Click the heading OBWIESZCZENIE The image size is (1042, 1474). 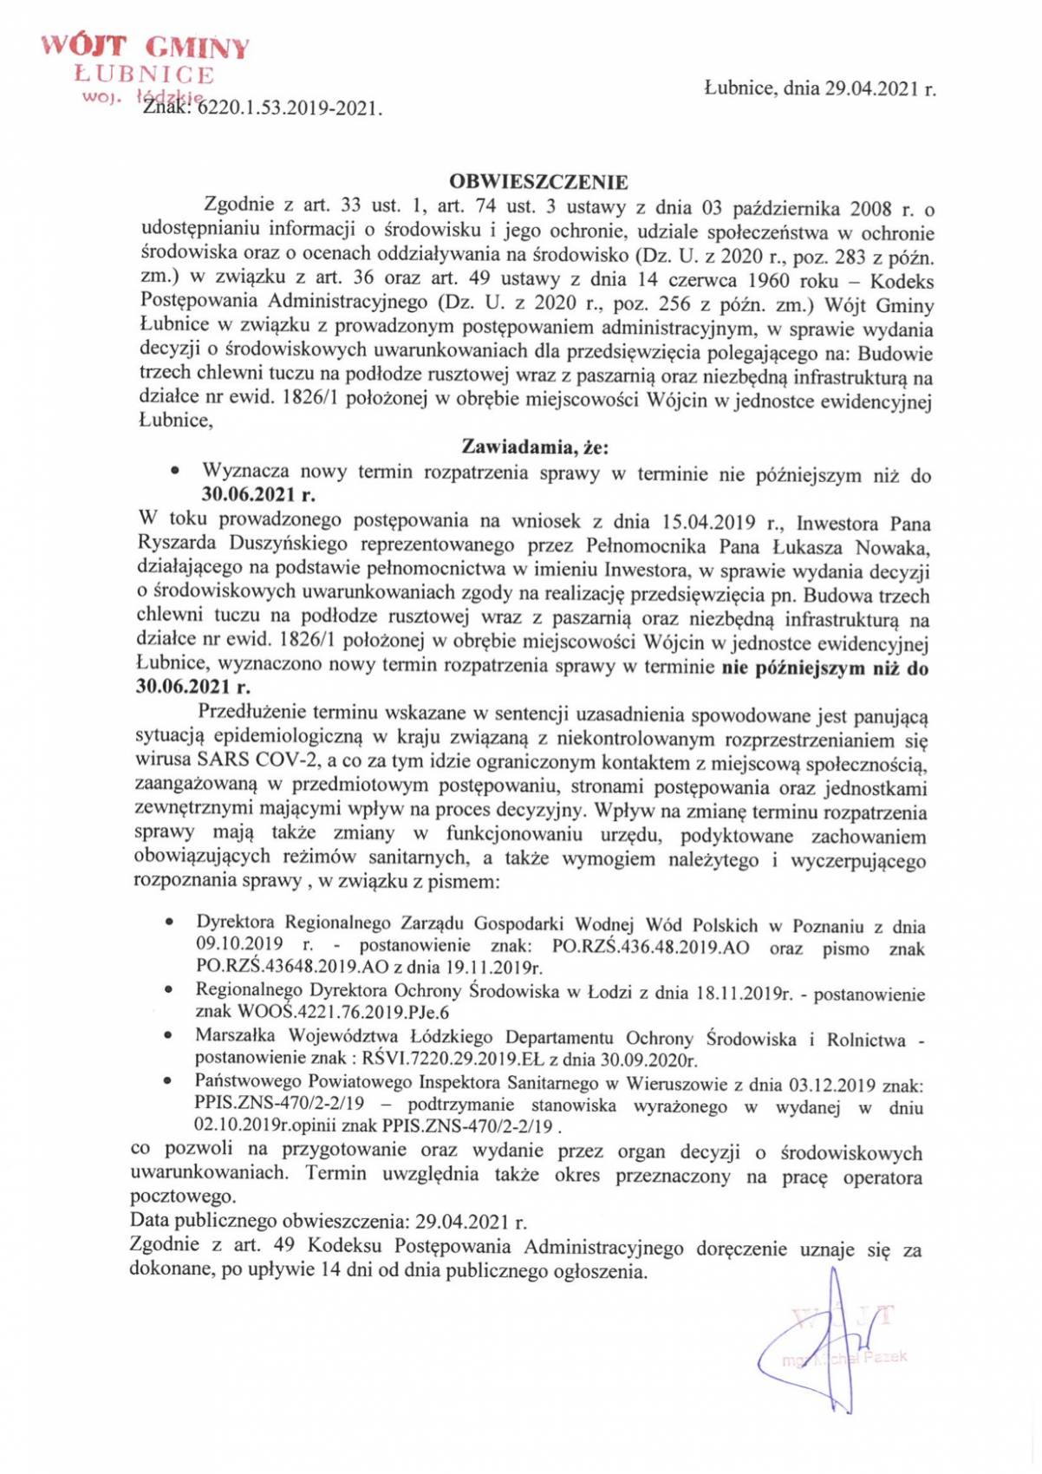coord(538,182)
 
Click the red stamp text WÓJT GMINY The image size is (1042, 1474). coord(146,48)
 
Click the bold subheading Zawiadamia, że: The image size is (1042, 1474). coord(535,447)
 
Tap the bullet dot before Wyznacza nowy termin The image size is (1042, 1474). coord(177,473)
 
